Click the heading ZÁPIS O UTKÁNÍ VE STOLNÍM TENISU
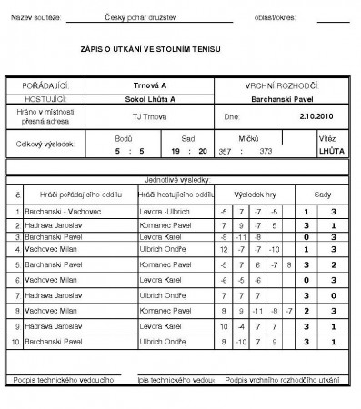tap(151, 48)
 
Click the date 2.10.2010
tap(317, 116)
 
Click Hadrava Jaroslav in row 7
tap(51, 293)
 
